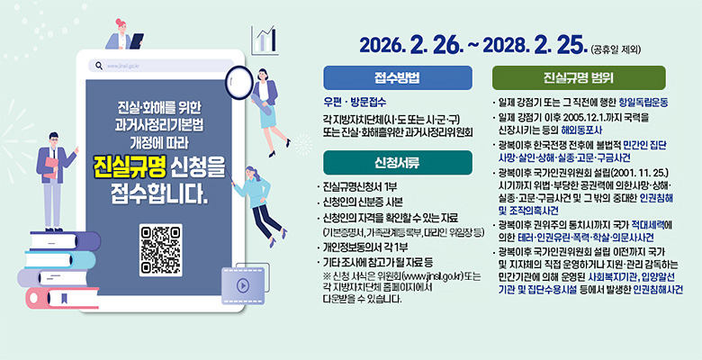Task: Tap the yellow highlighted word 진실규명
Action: (129, 168)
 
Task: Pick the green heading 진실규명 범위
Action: (579, 76)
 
